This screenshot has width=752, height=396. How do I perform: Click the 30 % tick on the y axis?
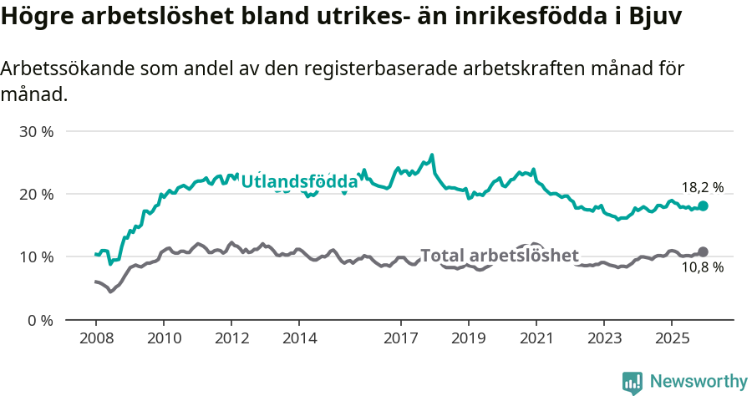coord(37,132)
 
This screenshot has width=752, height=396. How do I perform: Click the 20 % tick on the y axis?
coord(37,195)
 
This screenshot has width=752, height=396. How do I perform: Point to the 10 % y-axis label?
coord(37,257)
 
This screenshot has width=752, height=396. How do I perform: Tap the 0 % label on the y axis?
coord(41,320)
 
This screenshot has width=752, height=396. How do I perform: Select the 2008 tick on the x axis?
coord(95,338)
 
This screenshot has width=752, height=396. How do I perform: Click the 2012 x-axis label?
coord(231,338)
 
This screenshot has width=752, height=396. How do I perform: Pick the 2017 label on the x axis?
coord(401,338)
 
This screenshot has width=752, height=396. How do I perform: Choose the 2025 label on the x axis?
coord(672,338)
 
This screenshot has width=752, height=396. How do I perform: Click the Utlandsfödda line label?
coord(299,180)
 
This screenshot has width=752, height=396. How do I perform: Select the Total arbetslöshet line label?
coord(499,256)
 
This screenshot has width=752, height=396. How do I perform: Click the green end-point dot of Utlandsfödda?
coord(703,206)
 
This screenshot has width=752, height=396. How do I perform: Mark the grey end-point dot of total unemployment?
coord(703,251)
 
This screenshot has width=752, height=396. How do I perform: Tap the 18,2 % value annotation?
coord(702,188)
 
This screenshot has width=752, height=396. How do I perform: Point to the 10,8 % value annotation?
coord(702,268)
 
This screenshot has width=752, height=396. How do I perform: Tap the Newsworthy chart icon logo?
coord(633,383)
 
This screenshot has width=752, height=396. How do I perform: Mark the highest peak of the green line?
coord(431,155)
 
